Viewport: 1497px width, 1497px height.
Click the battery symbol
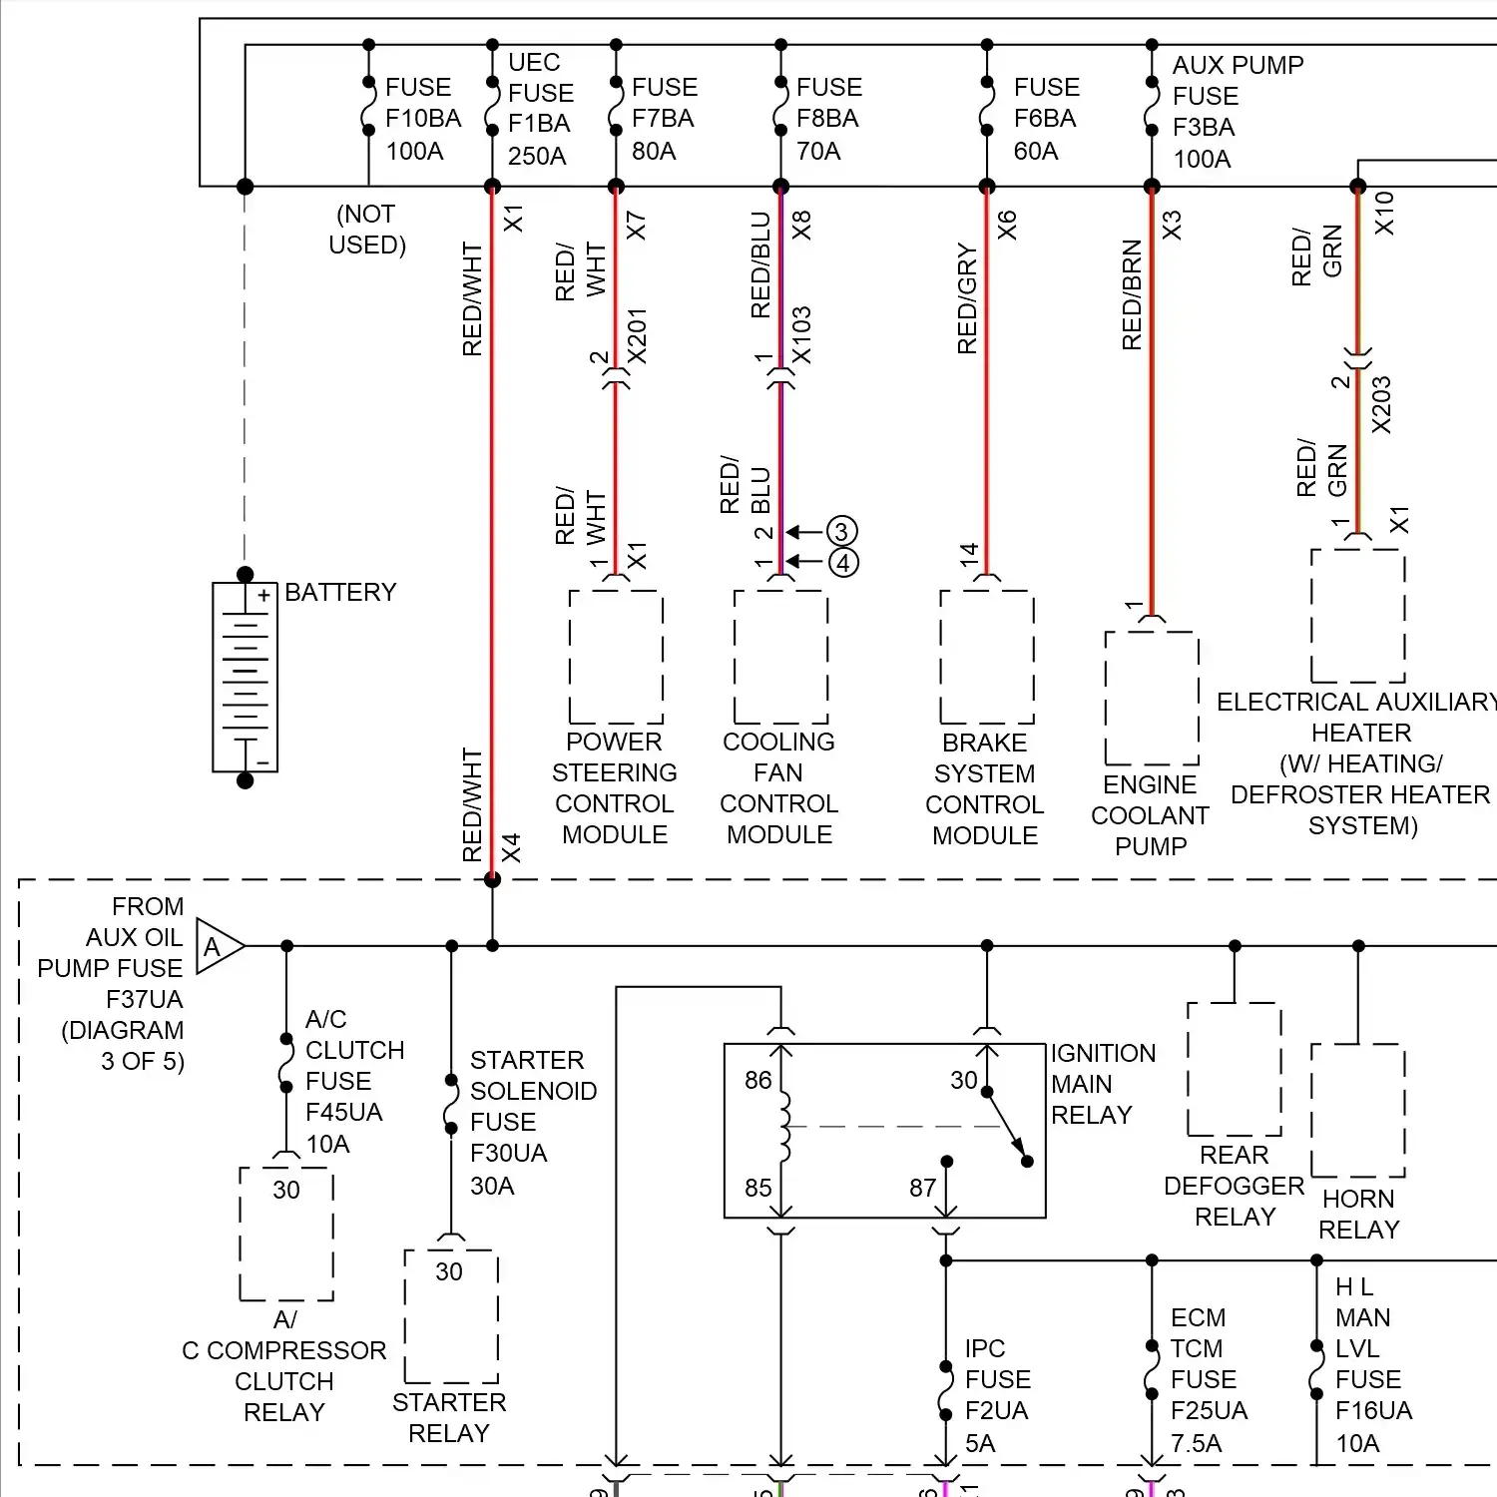245,678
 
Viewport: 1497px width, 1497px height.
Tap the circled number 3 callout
841,531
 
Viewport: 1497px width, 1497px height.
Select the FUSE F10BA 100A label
422,119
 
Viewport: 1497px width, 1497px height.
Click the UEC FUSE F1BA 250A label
540,109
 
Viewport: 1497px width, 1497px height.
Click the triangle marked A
217,946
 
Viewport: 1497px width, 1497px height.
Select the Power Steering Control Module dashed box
616,657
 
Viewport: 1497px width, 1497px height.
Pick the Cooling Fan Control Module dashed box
780,657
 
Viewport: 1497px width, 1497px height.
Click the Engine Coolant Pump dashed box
1152,699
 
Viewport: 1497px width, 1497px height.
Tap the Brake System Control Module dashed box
986,657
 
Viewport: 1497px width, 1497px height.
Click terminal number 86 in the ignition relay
757,1081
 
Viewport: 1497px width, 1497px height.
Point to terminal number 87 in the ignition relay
922,1188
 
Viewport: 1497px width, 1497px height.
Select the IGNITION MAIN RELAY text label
1102,1084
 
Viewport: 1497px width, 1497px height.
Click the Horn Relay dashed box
1357,1111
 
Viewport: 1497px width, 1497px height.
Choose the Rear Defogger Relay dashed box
1235,1069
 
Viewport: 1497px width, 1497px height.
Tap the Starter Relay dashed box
450,1316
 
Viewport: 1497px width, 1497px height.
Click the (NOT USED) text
367,230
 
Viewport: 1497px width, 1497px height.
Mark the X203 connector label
1381,404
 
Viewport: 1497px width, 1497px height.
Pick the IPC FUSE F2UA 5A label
997,1395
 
